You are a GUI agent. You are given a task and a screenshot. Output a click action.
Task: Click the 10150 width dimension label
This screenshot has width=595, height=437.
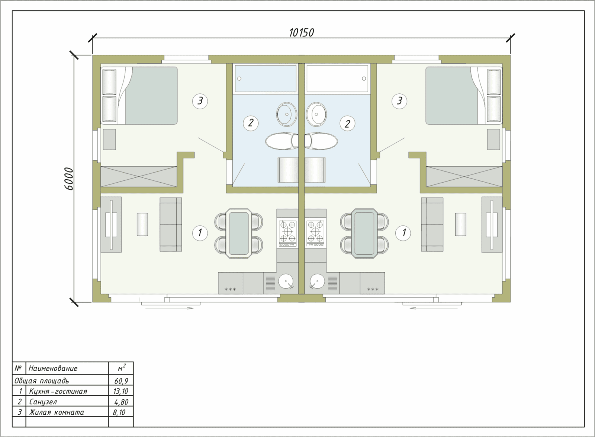[x=301, y=33]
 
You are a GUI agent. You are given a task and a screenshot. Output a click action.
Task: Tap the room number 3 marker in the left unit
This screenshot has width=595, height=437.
[x=200, y=101]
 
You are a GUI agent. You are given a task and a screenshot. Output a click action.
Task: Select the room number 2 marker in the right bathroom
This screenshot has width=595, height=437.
[x=347, y=123]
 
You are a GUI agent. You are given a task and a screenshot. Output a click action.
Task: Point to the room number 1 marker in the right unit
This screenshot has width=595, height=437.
[x=403, y=233]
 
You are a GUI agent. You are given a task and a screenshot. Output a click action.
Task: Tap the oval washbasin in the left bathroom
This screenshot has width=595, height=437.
[x=287, y=114]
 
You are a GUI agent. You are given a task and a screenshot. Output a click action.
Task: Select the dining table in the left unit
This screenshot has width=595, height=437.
[x=239, y=233]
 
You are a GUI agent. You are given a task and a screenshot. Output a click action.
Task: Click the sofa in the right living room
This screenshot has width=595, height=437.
[x=432, y=224]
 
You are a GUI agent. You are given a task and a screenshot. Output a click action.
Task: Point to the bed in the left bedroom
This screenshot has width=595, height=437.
[x=139, y=95]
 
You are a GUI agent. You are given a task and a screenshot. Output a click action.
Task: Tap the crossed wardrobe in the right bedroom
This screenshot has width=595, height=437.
[x=464, y=177]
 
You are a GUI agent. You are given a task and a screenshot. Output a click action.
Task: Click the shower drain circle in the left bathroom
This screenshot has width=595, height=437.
[x=239, y=78]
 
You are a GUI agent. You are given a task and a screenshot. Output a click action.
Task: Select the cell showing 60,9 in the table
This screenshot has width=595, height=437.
[x=121, y=381]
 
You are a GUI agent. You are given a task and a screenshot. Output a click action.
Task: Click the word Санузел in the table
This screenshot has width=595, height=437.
[x=43, y=402]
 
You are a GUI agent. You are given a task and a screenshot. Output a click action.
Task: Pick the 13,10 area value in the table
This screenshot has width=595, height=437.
[x=121, y=391]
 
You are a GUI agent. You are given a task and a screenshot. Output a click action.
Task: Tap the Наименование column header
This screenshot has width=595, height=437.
[x=53, y=369]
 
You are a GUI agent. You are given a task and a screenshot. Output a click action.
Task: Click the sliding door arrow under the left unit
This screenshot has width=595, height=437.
[x=169, y=308]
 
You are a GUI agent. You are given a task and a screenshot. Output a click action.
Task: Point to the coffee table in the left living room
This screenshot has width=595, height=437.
[x=142, y=224]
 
